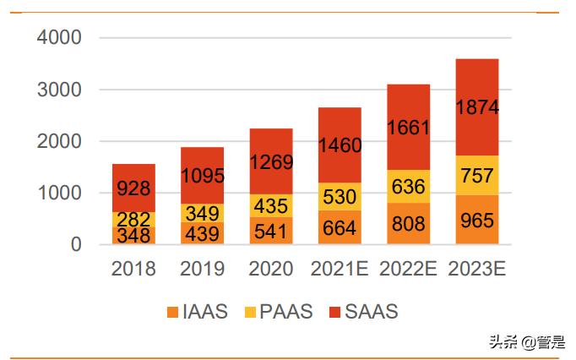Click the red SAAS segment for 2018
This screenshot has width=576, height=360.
click(x=133, y=188)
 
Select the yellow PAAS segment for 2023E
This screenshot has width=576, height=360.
click(x=477, y=175)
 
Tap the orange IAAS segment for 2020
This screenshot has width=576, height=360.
click(x=270, y=231)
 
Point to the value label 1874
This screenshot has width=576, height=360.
click(x=477, y=108)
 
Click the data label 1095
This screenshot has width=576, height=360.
click(x=202, y=175)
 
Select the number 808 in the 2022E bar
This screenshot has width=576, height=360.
click(x=409, y=226)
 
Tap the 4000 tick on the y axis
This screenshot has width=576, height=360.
click(x=58, y=38)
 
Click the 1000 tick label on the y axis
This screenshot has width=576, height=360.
click(x=58, y=193)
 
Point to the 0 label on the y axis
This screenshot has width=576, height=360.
click(x=75, y=245)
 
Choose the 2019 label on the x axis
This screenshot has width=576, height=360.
click(x=202, y=269)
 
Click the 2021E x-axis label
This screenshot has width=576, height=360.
click(x=340, y=269)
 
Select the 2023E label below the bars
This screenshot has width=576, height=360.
click(x=477, y=269)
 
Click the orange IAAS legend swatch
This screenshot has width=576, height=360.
click(x=173, y=312)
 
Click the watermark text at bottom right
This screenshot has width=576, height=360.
click(x=523, y=341)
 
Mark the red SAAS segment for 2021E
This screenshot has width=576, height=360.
click(x=340, y=145)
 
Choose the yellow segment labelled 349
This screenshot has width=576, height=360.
click(x=202, y=214)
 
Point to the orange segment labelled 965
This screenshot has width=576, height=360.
click(x=477, y=220)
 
